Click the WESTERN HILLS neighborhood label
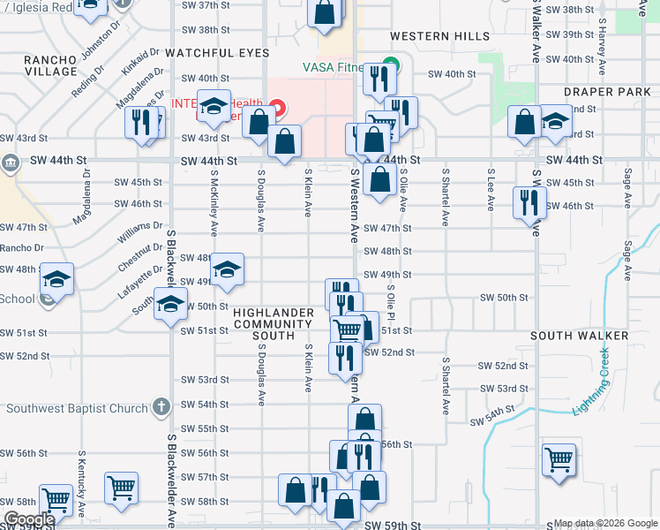439,36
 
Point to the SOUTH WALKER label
579,336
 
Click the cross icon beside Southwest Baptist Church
161,407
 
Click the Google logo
29,519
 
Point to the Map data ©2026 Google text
604,523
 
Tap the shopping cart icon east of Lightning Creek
559,460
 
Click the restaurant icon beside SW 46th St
529,201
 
